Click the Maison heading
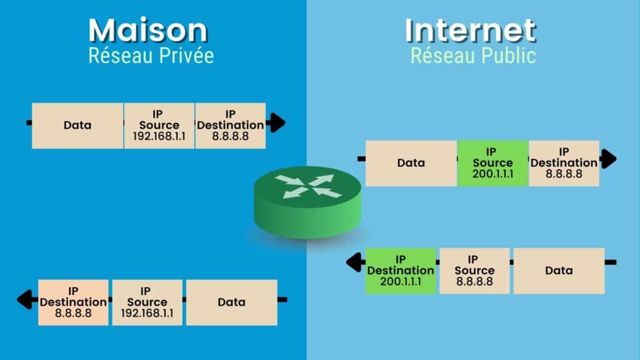[148, 30]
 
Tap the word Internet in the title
[470, 30]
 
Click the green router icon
[307, 202]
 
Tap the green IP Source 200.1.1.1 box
[492, 163]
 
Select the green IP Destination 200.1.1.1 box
[401, 271]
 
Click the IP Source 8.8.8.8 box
[474, 271]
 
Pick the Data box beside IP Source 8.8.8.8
[559, 271]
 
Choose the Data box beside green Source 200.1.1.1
[411, 163]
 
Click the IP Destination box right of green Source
[564, 163]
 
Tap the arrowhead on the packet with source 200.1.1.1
[609, 159]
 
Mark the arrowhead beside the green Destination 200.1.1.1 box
[354, 262]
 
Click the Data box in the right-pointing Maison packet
[77, 126]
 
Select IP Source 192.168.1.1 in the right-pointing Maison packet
[159, 126]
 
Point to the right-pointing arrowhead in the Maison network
[277, 122]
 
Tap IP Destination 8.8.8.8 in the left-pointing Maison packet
[74, 302]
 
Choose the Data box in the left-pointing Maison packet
[231, 302]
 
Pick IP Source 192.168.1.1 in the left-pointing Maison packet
[147, 302]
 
